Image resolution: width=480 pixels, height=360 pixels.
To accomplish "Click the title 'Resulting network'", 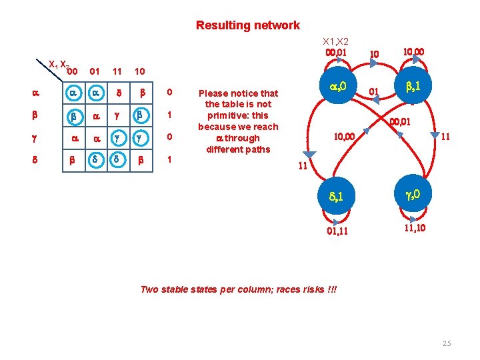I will tap(247, 25).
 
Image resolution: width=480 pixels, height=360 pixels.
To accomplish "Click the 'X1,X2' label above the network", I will tap(336, 41).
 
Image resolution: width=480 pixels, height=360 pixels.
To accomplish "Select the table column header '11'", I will tap(117, 71).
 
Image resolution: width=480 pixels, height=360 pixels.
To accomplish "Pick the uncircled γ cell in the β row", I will tap(117, 115).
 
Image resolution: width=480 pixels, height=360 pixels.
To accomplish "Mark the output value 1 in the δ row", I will tap(170, 161).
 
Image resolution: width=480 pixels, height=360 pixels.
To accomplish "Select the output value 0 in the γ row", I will tap(170, 137).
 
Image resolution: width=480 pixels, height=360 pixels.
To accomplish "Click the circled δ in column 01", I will tap(95, 161).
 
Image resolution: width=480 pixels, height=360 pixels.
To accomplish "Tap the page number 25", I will tap(446, 343).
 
